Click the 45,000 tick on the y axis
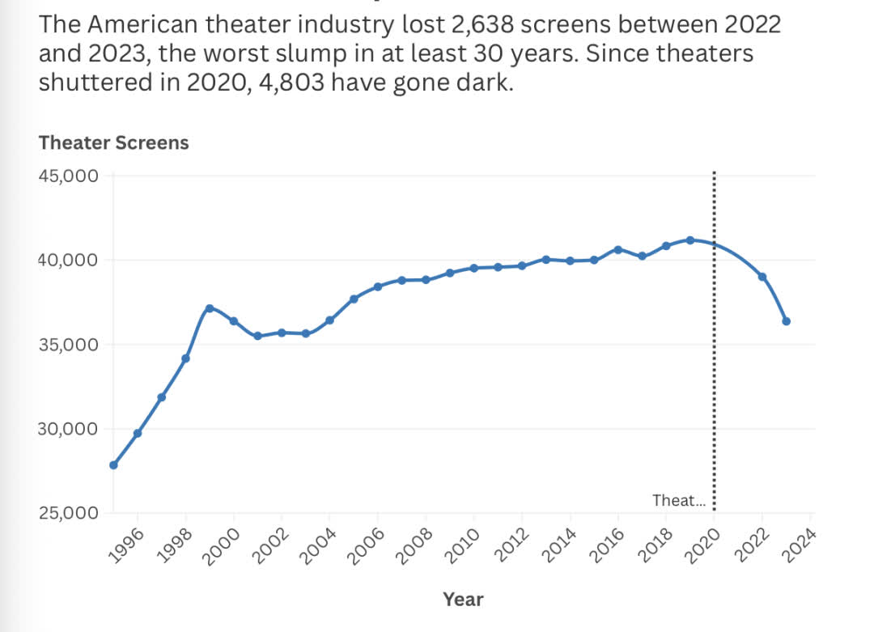[x=69, y=176]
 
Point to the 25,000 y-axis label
[x=69, y=513]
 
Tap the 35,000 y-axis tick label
[x=69, y=345]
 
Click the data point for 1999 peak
[x=210, y=308]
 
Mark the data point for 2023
[x=786, y=321]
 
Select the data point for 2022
[x=762, y=277]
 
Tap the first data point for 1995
[x=113, y=465]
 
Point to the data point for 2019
[x=690, y=240]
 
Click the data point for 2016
[x=618, y=249]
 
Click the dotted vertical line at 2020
[x=714, y=364]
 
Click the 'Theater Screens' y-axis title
[x=113, y=142]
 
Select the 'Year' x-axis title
[x=463, y=600]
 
